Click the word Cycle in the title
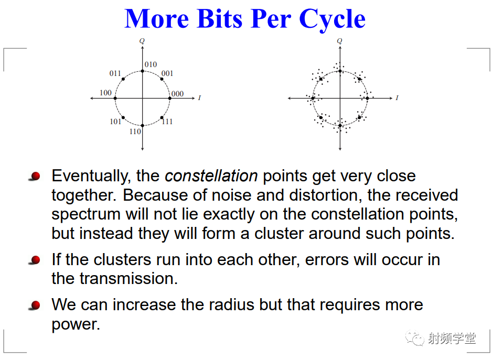pyautogui.click(x=332, y=19)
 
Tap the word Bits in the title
pyautogui.click(x=220, y=19)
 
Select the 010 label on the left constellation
pyautogui.click(x=151, y=64)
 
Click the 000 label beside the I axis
pyautogui.click(x=177, y=94)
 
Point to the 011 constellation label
pyautogui.click(x=115, y=73)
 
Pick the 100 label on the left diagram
pyautogui.click(x=105, y=93)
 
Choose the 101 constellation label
pyautogui.click(x=115, y=122)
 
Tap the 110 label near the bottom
pyautogui.click(x=135, y=132)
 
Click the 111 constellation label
pyautogui.click(x=167, y=122)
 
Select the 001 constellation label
pyautogui.click(x=167, y=73)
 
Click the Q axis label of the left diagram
pyautogui.click(x=142, y=41)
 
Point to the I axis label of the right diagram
pyautogui.click(x=397, y=98)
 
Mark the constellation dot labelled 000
pyautogui.click(x=170, y=99)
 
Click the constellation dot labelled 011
pyautogui.click(x=123, y=79)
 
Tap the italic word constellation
pyautogui.click(x=211, y=176)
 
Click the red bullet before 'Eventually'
pyautogui.click(x=35, y=176)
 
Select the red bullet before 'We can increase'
pyautogui.click(x=35, y=305)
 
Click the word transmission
pyautogui.click(x=129, y=278)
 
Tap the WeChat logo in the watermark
pyautogui.click(x=414, y=338)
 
